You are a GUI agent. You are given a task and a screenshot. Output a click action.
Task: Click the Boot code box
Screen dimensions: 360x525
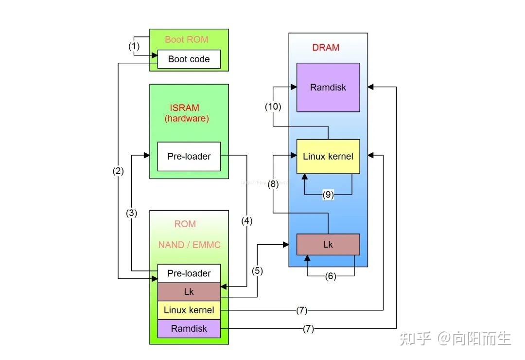click(189, 59)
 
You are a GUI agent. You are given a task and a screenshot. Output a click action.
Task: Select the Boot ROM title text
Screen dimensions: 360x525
click(187, 39)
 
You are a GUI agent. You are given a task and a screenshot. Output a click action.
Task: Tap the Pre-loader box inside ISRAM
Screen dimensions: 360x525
click(189, 157)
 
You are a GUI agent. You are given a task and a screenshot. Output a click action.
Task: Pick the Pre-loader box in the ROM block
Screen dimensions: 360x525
click(189, 273)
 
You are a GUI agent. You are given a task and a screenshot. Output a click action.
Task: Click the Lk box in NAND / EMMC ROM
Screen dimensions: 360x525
click(189, 292)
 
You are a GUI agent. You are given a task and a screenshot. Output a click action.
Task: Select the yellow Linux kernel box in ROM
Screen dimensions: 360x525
click(189, 310)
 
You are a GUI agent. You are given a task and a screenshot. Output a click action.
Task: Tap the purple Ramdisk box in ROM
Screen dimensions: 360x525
click(189, 328)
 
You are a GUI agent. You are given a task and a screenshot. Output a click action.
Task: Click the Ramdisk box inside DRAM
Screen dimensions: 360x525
click(328, 88)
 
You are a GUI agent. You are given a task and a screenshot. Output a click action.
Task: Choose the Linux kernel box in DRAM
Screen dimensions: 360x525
click(328, 157)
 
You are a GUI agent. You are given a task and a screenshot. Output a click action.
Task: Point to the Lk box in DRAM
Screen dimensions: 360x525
click(328, 244)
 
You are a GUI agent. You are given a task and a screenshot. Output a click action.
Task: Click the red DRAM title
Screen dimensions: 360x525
click(326, 48)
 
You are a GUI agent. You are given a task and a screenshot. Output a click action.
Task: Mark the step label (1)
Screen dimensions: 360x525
click(134, 47)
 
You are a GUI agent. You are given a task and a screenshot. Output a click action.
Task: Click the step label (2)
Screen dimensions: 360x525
click(118, 171)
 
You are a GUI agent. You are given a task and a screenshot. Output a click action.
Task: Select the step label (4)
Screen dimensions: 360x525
click(247, 220)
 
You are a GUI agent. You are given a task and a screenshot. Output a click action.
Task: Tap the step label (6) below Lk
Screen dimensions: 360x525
click(331, 276)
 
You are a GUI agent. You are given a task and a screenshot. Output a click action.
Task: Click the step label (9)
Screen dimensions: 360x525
click(329, 195)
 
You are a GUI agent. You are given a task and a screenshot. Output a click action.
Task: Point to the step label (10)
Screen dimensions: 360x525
click(273, 107)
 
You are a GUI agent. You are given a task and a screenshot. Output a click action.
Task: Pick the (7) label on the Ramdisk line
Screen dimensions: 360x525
click(308, 329)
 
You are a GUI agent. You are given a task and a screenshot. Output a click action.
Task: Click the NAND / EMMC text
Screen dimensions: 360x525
click(189, 245)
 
